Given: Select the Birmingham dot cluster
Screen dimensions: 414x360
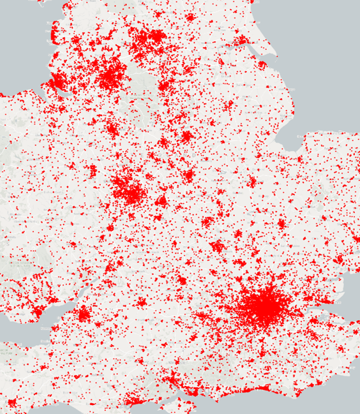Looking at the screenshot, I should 130,190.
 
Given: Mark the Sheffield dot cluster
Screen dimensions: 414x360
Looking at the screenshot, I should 164,85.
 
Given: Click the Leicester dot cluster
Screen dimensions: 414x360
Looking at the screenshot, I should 188,175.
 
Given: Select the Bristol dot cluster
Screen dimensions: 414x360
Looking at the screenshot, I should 84,313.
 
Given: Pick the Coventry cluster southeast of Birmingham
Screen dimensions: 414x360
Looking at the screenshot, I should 160,202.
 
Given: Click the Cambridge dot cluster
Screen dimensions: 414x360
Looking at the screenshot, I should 281,224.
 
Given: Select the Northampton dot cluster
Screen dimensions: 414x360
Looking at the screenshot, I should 207,222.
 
